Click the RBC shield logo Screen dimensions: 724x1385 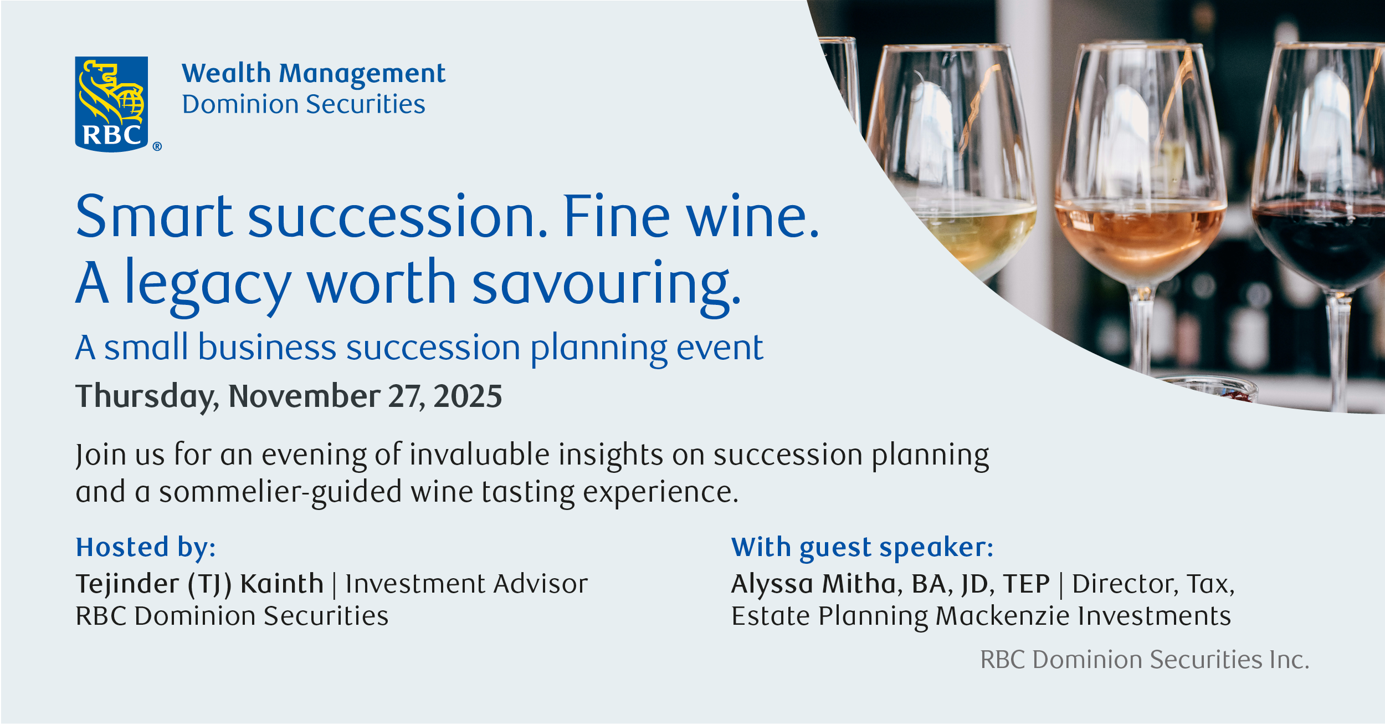tap(111, 104)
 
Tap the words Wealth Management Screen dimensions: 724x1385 tap(314, 74)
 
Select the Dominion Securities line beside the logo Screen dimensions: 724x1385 tap(304, 104)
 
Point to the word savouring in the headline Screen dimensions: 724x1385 tap(606, 284)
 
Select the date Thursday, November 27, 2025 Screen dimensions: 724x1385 tap(289, 396)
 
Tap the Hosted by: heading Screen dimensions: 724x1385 tap(146, 547)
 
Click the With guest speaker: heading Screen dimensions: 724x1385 tap(862, 547)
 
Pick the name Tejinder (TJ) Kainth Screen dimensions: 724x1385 tap(199, 584)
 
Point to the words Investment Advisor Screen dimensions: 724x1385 tap(466, 584)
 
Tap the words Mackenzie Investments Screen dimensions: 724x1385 tap(1083, 616)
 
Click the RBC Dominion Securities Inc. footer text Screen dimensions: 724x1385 tap(1145, 660)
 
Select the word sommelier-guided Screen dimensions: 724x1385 tap(280, 492)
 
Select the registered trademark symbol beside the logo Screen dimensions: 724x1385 tap(157, 146)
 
